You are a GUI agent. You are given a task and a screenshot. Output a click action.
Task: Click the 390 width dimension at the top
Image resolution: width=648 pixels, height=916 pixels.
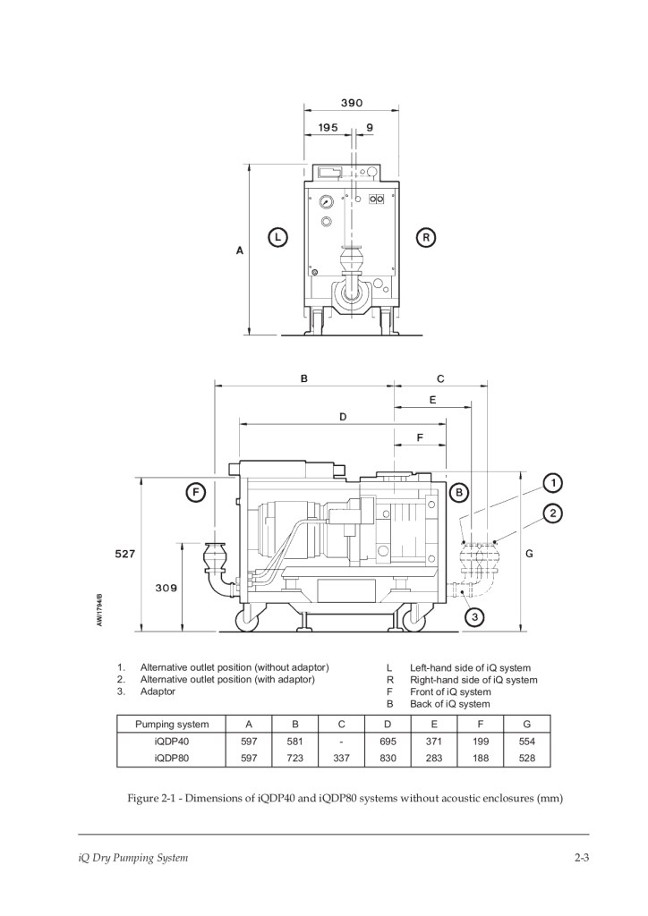click(x=352, y=103)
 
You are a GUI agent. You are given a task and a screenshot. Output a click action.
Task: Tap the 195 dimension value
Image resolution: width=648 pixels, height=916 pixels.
click(x=328, y=127)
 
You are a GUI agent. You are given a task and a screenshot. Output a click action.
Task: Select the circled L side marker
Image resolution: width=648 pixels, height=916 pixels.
click(x=278, y=238)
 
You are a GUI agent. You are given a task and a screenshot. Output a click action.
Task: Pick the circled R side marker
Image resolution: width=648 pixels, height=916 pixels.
click(x=426, y=238)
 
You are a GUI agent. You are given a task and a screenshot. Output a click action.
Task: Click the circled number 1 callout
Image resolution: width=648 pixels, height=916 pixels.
click(x=552, y=484)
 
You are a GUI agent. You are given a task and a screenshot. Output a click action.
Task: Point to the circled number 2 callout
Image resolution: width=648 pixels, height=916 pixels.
click(x=553, y=513)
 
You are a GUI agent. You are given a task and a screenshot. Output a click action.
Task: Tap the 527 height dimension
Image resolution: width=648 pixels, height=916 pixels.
click(x=124, y=553)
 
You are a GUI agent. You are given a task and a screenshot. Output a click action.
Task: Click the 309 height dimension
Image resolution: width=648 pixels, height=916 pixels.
click(x=166, y=588)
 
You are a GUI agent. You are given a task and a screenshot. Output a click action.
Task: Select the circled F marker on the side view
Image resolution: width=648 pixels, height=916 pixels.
click(x=196, y=493)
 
